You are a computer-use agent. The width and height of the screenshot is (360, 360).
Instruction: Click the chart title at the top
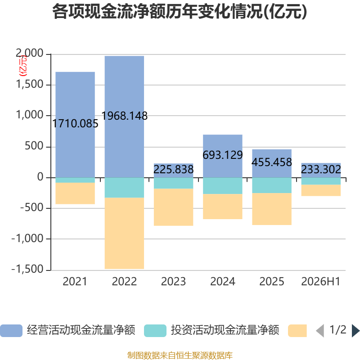[x=180, y=12]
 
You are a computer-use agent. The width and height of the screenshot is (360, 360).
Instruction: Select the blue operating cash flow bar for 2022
[x=124, y=117]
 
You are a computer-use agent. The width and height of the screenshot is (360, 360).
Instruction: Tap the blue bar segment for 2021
[x=75, y=125]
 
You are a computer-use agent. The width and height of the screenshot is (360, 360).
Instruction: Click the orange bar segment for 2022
[x=124, y=233]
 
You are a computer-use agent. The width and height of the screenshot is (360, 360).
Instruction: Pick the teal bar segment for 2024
[x=223, y=186]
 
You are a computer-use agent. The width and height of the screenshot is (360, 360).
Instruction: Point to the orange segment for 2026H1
[x=321, y=190]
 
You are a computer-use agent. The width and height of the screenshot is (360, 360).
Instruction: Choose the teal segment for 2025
[x=272, y=185]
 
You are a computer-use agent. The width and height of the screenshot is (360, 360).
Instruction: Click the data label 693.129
[x=223, y=155]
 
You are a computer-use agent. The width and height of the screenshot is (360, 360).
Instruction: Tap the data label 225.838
[x=174, y=170]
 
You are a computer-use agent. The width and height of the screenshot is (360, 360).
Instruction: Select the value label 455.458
[x=272, y=162]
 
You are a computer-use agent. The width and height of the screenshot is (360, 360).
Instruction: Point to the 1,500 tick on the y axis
[x=30, y=85]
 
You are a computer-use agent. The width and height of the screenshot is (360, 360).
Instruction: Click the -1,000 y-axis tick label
[x=27, y=239]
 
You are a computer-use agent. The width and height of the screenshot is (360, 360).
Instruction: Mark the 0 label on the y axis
[x=40, y=177]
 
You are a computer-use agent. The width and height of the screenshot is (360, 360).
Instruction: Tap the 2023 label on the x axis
[x=173, y=282]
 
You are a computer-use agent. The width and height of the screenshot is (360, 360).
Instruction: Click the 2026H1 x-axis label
[x=321, y=282]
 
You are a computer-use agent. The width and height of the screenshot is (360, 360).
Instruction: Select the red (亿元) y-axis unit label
[x=23, y=66]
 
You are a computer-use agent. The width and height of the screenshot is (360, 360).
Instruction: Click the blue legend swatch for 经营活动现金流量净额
[x=11, y=331]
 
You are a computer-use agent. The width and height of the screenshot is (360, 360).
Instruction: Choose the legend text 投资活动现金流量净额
[x=225, y=330]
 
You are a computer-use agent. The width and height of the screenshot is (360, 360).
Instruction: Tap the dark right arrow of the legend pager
[x=355, y=331]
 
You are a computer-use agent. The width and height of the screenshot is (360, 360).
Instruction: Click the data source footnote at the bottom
[x=180, y=355]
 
